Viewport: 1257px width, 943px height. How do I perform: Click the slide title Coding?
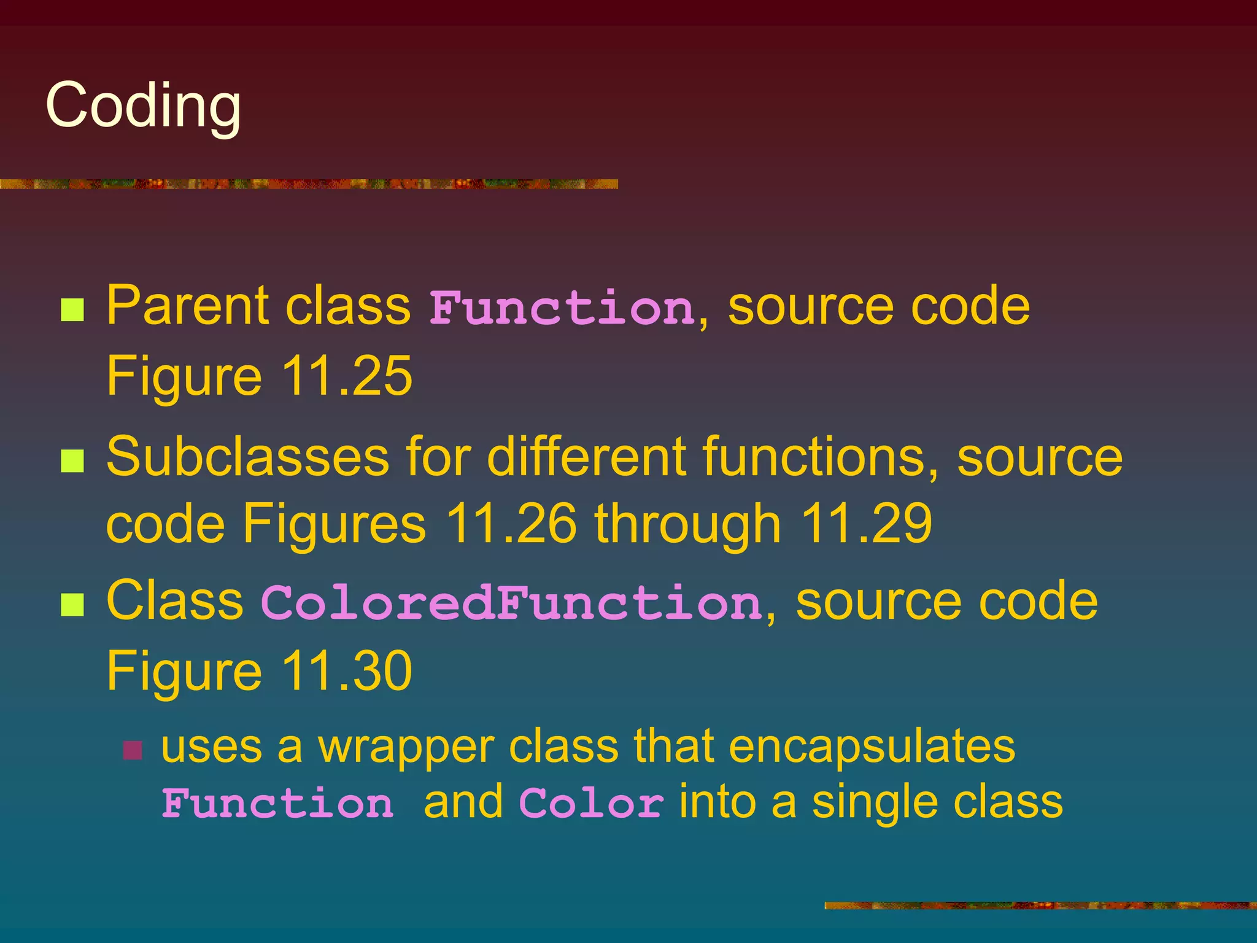click(x=144, y=106)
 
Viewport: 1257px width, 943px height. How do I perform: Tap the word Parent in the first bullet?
click(x=187, y=305)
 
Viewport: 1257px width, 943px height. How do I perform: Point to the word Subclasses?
click(x=247, y=457)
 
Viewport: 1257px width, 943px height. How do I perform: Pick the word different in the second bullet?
click(x=586, y=457)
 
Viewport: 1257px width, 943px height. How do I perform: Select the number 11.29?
click(x=866, y=524)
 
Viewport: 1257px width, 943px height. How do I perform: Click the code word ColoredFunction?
click(x=511, y=602)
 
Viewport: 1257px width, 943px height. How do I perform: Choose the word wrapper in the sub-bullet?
click(x=406, y=748)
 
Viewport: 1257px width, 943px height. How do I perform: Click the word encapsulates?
click(x=872, y=748)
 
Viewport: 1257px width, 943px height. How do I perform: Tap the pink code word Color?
click(x=590, y=803)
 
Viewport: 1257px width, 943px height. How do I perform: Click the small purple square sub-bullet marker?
click(x=133, y=750)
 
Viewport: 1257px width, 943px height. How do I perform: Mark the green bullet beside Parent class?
click(x=72, y=310)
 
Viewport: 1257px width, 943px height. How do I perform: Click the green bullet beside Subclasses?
click(x=72, y=461)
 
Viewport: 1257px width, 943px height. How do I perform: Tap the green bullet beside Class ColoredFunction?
click(x=72, y=605)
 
